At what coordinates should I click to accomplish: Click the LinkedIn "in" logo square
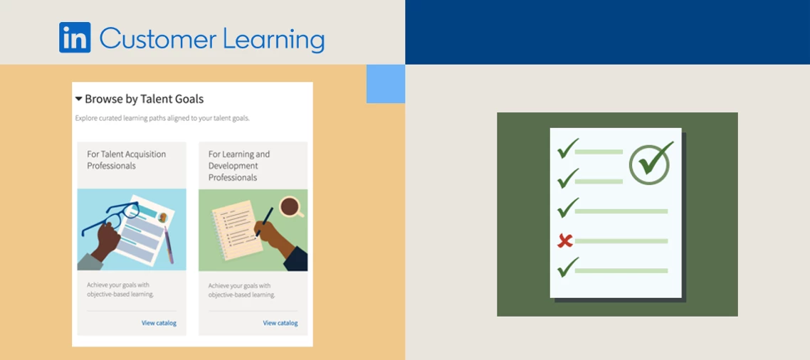(x=75, y=38)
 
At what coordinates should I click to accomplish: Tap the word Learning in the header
(x=273, y=40)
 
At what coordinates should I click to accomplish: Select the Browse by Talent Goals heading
(x=144, y=99)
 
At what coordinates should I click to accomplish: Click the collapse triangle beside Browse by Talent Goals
(x=78, y=99)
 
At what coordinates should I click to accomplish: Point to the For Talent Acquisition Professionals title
(x=127, y=159)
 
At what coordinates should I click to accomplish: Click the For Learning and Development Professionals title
(x=239, y=165)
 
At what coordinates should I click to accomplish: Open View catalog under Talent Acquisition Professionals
(x=159, y=323)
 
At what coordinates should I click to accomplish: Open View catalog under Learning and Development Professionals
(x=280, y=323)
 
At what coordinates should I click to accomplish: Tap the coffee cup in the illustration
(x=290, y=206)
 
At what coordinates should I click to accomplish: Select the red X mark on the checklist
(x=565, y=241)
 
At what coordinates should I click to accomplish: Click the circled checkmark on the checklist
(x=650, y=163)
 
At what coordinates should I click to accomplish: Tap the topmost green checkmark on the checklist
(x=567, y=149)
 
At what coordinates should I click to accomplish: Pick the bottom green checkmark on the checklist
(x=567, y=268)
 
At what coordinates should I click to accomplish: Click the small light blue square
(x=386, y=84)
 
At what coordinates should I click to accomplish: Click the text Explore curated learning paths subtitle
(x=162, y=118)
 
